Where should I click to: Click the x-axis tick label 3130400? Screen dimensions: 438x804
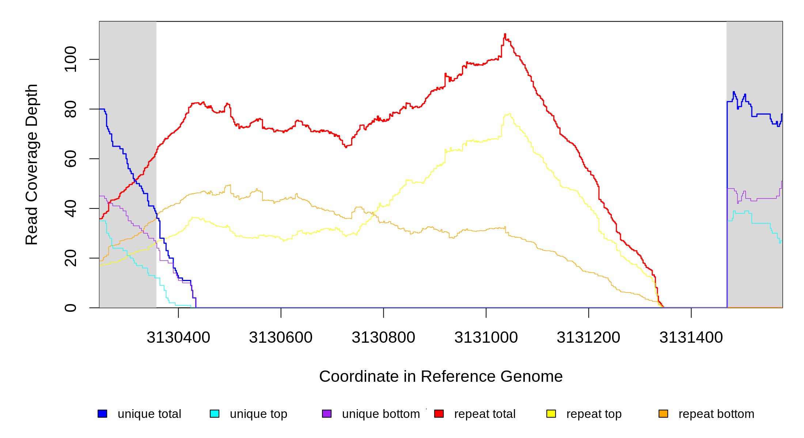(x=178, y=338)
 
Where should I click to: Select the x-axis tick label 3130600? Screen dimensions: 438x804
(x=281, y=338)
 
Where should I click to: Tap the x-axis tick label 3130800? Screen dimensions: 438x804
(x=383, y=338)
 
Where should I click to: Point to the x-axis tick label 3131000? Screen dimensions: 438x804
(x=486, y=338)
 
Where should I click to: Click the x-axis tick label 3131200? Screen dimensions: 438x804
(x=588, y=338)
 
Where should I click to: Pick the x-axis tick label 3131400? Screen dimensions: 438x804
(x=691, y=338)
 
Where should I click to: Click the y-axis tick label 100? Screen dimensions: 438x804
(x=71, y=59)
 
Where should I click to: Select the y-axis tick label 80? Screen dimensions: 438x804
(x=71, y=109)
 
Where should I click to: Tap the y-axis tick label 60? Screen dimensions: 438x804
(x=71, y=159)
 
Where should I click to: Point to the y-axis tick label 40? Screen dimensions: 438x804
(x=71, y=208)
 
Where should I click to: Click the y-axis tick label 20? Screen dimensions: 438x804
(x=71, y=258)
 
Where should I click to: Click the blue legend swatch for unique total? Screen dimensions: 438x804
(x=102, y=414)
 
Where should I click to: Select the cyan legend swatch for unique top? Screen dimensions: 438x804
(x=215, y=414)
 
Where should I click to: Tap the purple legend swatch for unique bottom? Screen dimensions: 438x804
(x=327, y=414)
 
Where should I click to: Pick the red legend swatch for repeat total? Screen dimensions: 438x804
(x=439, y=414)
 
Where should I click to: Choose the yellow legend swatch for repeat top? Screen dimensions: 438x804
(x=551, y=414)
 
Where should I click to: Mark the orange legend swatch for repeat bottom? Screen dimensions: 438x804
(x=663, y=414)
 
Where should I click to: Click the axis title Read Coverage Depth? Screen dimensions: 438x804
(x=32, y=164)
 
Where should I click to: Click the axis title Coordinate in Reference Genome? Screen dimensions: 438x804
(x=441, y=376)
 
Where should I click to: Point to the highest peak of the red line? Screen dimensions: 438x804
(x=505, y=34)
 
